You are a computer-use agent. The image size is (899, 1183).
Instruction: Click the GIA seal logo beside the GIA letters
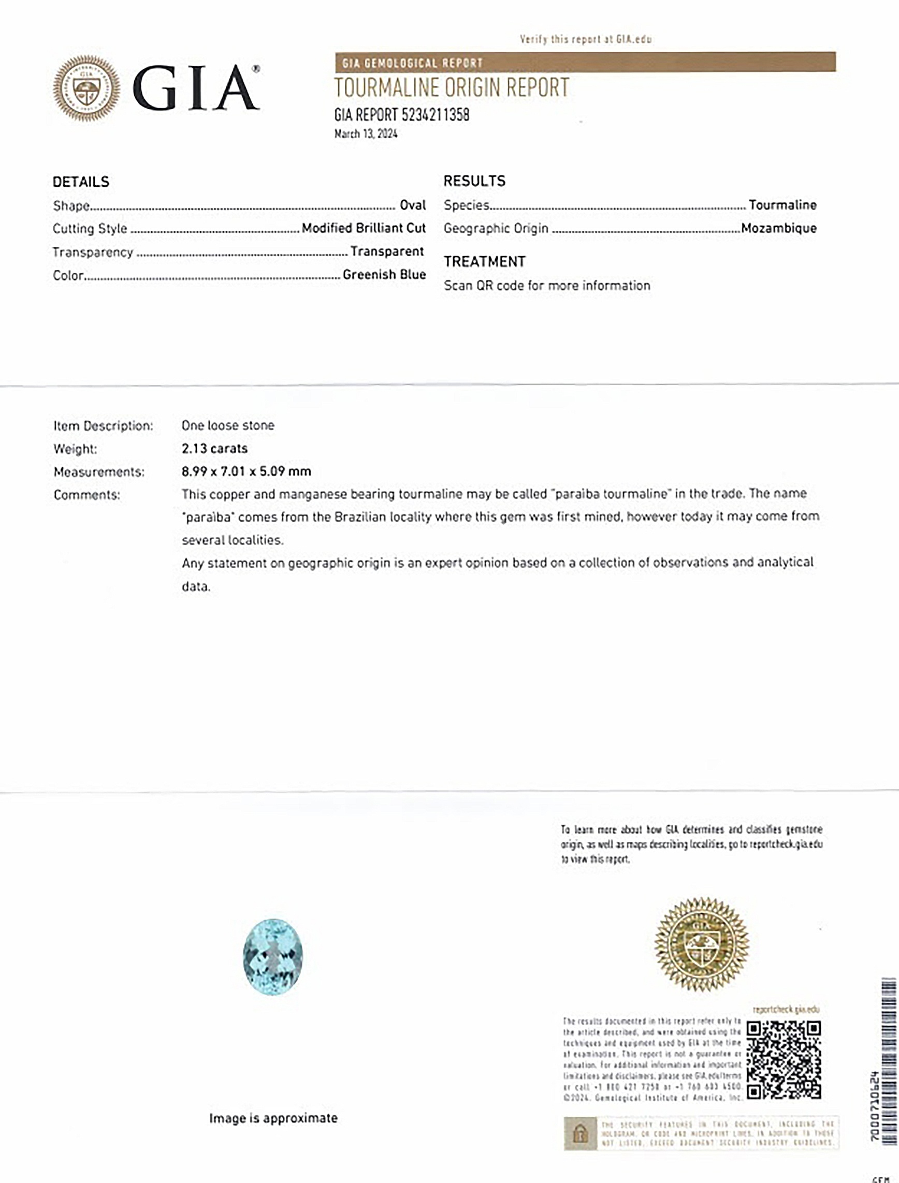click(86, 89)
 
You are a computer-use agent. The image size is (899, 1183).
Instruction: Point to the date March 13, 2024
click(366, 134)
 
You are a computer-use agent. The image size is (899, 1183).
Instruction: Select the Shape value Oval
click(413, 205)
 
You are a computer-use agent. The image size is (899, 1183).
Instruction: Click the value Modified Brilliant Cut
click(364, 228)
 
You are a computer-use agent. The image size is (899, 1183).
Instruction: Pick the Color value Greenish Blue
click(384, 275)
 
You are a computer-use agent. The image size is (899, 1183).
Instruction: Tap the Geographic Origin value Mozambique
click(779, 228)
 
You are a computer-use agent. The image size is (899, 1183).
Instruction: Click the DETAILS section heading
click(81, 182)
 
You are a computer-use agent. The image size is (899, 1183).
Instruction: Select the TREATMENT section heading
click(484, 261)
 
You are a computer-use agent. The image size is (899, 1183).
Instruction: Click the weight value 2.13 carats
click(214, 449)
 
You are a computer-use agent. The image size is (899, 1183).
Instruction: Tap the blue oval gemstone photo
click(273, 957)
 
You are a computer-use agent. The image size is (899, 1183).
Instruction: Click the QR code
click(784, 1060)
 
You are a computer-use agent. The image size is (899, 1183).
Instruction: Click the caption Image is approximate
click(273, 1118)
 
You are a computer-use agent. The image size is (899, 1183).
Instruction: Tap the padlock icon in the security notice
click(581, 1133)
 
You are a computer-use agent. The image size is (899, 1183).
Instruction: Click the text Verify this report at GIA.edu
click(585, 39)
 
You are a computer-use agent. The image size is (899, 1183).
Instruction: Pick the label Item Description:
click(103, 426)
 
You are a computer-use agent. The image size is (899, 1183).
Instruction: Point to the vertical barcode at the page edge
click(888, 1064)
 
